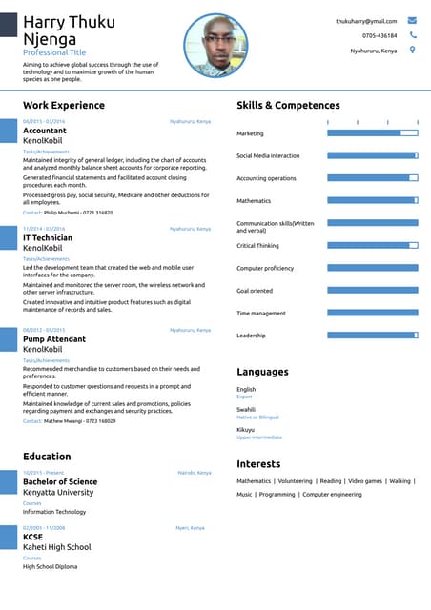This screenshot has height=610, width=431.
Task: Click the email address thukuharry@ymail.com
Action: click(366, 20)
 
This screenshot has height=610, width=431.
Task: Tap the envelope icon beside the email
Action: click(412, 20)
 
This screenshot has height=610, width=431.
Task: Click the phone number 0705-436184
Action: click(380, 35)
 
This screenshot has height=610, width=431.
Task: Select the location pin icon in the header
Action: click(412, 50)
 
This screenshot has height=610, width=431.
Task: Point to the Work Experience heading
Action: click(64, 105)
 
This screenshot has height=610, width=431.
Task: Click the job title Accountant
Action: click(45, 131)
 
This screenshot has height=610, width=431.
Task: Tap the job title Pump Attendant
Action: click(54, 338)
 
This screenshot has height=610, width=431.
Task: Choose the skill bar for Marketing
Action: click(372, 133)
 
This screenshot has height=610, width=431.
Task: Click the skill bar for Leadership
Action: click(372, 335)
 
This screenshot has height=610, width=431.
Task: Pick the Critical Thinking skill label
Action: click(257, 246)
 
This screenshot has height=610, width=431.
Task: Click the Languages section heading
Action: click(262, 372)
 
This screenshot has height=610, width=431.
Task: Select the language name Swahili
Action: click(246, 409)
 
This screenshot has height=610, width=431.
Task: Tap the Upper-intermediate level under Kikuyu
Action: click(259, 437)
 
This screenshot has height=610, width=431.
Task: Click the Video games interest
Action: click(365, 481)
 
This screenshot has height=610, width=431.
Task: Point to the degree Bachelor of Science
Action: click(60, 481)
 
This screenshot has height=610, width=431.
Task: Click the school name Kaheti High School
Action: click(57, 547)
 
